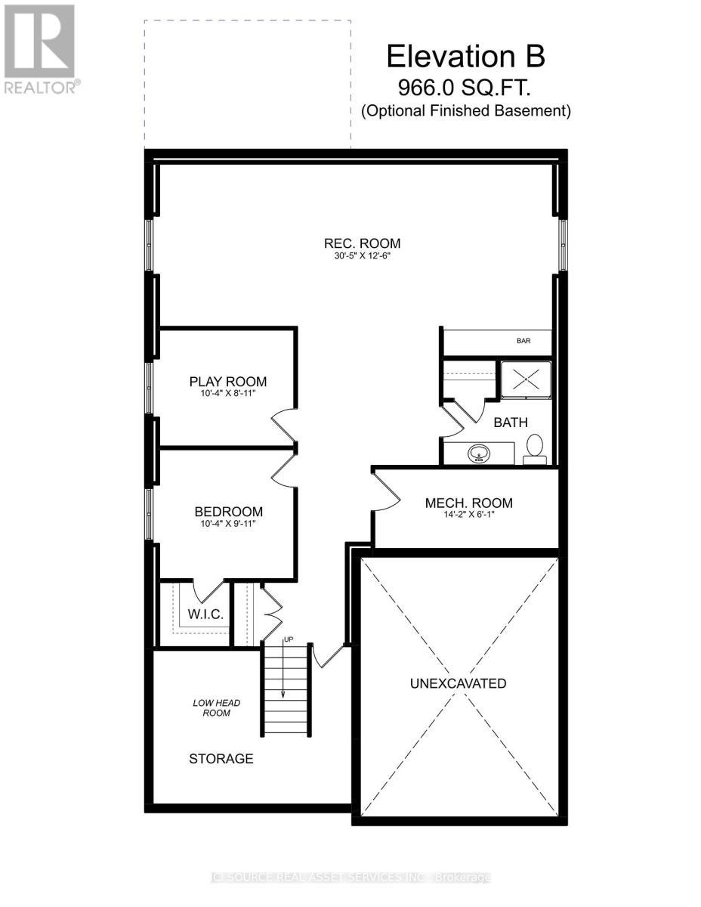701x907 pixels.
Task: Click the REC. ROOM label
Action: tap(362, 243)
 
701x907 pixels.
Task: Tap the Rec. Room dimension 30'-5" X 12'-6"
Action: tap(362, 255)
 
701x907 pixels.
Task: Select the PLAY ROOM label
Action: tap(227, 382)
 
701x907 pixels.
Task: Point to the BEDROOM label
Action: tap(228, 512)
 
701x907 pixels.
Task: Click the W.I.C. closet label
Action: tap(204, 614)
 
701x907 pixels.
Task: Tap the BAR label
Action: tap(523, 341)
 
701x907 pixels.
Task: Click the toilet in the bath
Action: tap(536, 447)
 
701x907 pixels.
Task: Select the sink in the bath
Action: tap(477, 454)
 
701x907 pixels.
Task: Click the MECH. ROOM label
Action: tap(468, 503)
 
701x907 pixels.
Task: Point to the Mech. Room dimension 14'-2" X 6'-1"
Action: tap(468, 515)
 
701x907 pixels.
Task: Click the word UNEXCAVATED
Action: tap(458, 683)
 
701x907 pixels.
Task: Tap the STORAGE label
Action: tap(221, 758)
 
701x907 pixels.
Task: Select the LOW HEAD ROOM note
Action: tap(212, 707)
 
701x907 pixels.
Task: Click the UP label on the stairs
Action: tap(288, 640)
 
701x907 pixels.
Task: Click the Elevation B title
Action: tap(465, 57)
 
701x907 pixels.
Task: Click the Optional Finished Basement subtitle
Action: tap(465, 111)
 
